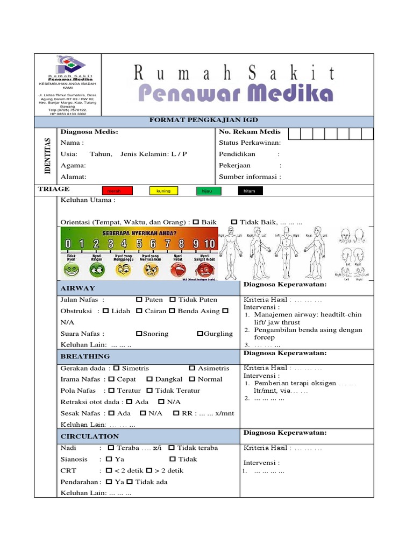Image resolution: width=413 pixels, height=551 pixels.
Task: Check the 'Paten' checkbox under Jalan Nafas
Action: (x=139, y=300)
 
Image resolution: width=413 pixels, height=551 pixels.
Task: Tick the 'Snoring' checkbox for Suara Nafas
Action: (x=139, y=334)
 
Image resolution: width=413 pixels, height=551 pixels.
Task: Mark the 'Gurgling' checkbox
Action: (x=200, y=334)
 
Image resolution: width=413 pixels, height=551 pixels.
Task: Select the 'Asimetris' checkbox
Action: (x=192, y=368)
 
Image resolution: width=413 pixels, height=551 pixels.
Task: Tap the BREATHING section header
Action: (x=85, y=356)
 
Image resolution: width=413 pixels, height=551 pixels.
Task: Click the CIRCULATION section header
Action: (x=89, y=436)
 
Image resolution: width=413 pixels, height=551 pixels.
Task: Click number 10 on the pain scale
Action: (x=209, y=244)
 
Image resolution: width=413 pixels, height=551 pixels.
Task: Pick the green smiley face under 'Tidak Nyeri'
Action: (x=72, y=269)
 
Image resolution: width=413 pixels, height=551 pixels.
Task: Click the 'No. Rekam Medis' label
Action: (x=250, y=132)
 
